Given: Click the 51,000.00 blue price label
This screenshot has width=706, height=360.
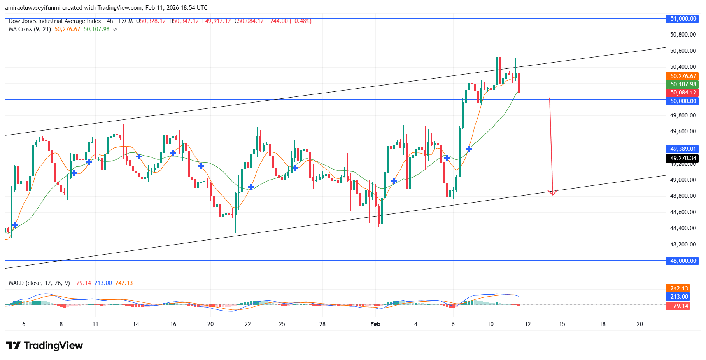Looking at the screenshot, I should [683, 19].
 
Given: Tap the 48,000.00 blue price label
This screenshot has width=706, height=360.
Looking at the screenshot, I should [683, 261].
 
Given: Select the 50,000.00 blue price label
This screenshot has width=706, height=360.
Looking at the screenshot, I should [683, 101].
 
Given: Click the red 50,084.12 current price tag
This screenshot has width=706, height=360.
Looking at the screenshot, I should [683, 93].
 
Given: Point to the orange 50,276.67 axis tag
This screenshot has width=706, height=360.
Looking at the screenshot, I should [683, 76].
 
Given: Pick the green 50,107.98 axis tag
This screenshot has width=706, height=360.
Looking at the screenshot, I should [683, 84].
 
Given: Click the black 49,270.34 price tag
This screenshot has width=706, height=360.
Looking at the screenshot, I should [683, 158].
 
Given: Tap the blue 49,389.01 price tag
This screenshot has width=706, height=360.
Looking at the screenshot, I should [683, 149].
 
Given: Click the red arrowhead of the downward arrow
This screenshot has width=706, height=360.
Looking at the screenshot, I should [552, 193].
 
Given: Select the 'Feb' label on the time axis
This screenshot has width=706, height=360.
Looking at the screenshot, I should [375, 324].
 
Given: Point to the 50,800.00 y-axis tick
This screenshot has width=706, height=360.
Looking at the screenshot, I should [683, 35].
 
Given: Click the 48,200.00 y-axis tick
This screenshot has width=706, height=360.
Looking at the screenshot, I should [683, 245].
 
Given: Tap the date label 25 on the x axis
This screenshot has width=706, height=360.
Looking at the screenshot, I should [282, 324].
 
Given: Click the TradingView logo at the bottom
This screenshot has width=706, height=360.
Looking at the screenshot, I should [44, 346].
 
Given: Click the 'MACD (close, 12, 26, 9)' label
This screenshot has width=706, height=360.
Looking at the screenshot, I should [39, 283].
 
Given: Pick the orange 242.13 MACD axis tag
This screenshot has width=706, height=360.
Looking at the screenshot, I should [679, 288].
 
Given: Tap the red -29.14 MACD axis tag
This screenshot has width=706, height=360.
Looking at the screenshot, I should [679, 306].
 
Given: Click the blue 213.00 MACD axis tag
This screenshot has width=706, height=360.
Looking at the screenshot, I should [679, 297].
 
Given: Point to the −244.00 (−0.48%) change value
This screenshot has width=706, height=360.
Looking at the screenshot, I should [288, 21].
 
